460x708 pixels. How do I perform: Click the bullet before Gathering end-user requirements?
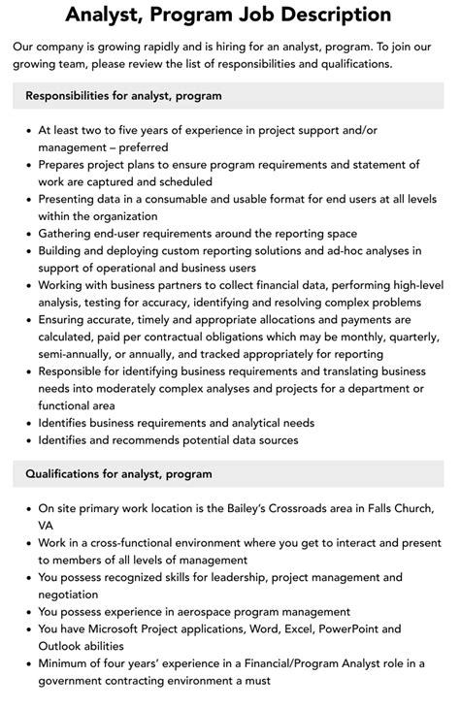26,234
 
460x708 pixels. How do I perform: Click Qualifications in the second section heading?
73,474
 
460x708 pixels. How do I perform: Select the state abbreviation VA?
48,526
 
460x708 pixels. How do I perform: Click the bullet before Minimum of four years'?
26,663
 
